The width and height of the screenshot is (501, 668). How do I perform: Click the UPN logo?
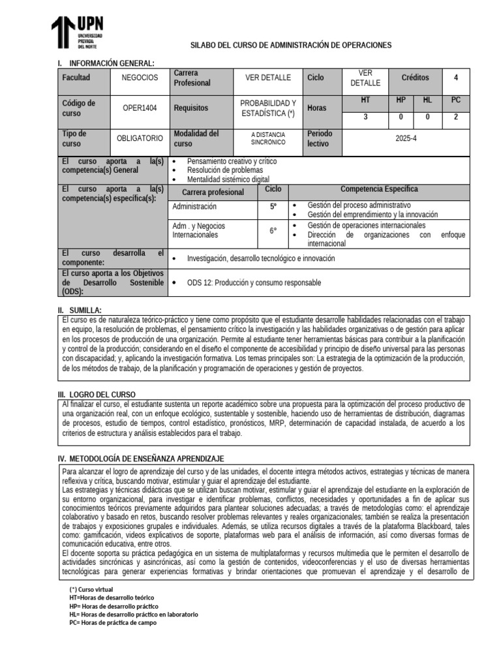pos(77,33)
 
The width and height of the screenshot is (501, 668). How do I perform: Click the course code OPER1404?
pos(140,108)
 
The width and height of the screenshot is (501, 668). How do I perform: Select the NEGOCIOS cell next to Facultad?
pos(140,78)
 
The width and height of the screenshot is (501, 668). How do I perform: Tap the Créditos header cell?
pos(415,78)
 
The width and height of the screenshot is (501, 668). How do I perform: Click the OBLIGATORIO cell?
pos(140,139)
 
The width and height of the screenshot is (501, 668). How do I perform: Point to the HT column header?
pos(365,100)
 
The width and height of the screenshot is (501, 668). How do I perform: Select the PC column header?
pos(455,100)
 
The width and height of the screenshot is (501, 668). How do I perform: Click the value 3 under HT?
pos(365,117)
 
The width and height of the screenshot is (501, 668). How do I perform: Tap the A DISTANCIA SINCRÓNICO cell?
pos(268,138)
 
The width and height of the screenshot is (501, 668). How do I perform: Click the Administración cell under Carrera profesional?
pos(194,206)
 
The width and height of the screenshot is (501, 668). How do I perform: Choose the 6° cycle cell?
pos(273,230)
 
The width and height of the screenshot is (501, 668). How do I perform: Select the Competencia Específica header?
pos(379,190)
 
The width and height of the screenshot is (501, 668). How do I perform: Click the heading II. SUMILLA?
pos(80,310)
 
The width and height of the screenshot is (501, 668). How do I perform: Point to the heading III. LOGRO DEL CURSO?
pos(97,395)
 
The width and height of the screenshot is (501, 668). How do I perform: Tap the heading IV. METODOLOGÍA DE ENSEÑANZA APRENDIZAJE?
pos(141,459)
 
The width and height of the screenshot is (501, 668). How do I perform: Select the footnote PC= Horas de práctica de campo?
pos(113,622)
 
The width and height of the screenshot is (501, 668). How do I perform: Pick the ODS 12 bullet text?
pos(254,282)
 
